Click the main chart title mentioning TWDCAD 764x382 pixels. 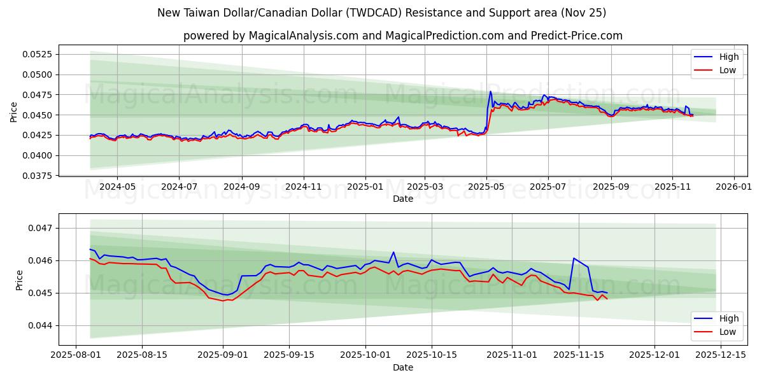(382, 13)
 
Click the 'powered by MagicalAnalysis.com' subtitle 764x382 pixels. (402, 36)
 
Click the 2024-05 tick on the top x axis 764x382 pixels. (118, 187)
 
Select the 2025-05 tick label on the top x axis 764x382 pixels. (486, 187)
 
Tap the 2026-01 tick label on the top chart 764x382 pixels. (734, 187)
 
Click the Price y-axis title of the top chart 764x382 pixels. (14, 112)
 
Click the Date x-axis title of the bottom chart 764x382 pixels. (402, 367)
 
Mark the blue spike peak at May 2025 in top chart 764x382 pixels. (490, 92)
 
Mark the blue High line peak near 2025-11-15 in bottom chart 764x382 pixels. (574, 258)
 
